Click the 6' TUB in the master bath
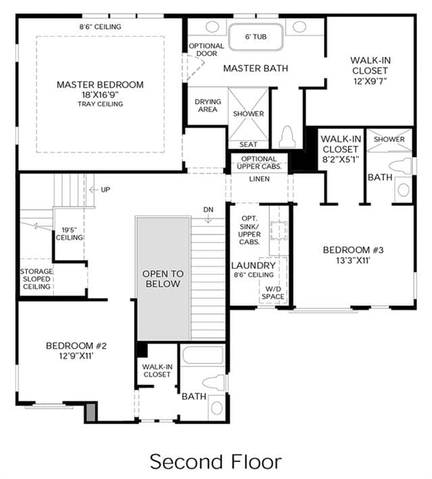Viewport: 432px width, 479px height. (x=256, y=36)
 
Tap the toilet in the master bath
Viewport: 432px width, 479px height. (x=287, y=137)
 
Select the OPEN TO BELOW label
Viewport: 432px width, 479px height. (x=163, y=278)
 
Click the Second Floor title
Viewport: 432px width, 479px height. (x=216, y=461)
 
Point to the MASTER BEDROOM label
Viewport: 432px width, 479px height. (x=100, y=84)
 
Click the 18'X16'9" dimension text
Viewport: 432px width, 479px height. (x=100, y=95)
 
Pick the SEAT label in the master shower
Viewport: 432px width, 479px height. (x=248, y=144)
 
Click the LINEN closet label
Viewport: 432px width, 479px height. (x=259, y=179)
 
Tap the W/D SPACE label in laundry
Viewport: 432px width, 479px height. (x=272, y=293)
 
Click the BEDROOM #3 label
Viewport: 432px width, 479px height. (x=353, y=250)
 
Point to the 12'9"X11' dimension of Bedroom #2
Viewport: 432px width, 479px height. (x=76, y=356)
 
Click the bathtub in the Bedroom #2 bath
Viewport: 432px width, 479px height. (x=203, y=355)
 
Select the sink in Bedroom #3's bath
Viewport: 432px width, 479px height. (x=403, y=190)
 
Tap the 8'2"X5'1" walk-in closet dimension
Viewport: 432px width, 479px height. (x=341, y=159)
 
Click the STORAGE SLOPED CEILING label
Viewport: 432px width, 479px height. (x=37, y=279)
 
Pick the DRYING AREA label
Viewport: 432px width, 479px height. (x=208, y=105)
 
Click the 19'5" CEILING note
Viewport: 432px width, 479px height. (x=70, y=234)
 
